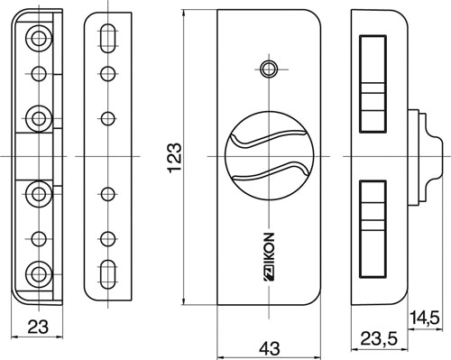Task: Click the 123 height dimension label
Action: click(x=175, y=157)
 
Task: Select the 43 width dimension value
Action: click(x=270, y=348)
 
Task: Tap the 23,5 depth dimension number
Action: click(x=379, y=338)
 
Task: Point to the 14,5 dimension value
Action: click(x=425, y=318)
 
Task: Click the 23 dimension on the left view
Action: click(x=38, y=327)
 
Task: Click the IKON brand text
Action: click(x=270, y=256)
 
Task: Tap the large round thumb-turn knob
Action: click(x=269, y=156)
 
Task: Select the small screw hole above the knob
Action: click(x=269, y=69)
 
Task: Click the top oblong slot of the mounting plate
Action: click(x=107, y=38)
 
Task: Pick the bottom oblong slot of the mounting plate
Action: click(x=107, y=274)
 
